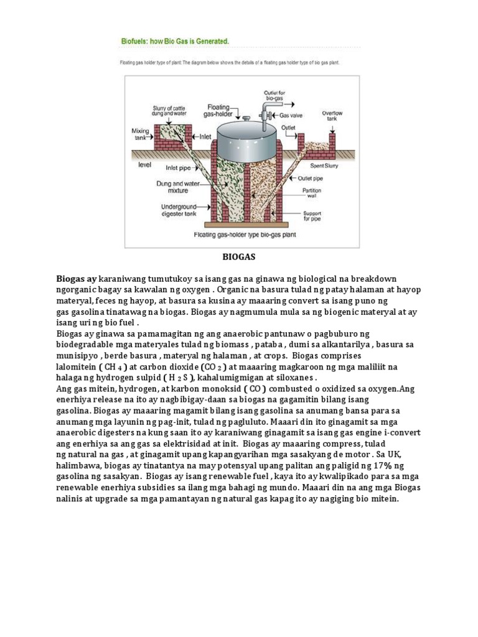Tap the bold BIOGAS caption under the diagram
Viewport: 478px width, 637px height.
240,256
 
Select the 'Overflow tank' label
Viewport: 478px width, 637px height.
332,117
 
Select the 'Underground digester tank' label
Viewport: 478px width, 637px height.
179,210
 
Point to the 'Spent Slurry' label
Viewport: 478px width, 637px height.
326,167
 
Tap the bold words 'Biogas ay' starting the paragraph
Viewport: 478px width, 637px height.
76,278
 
